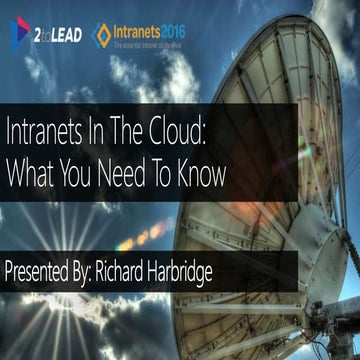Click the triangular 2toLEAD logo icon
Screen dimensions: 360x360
coord(19,30)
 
